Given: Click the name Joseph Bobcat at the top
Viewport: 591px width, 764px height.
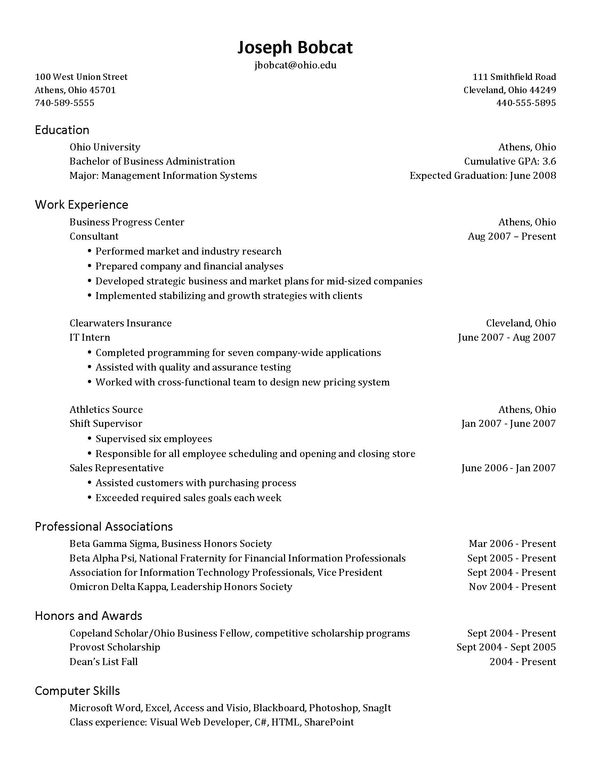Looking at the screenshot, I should tap(295, 47).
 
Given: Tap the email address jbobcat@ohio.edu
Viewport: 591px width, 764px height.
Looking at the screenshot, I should tap(295, 65).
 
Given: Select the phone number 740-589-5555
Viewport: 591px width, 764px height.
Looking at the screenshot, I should tap(64, 103).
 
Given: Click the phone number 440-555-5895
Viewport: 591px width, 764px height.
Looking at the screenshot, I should tap(526, 103).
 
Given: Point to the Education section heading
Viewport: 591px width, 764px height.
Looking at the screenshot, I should tap(62, 130).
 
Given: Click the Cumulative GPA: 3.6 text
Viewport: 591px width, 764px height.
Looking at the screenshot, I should tap(510, 161).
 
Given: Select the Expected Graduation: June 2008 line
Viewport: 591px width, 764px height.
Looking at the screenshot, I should tap(483, 175).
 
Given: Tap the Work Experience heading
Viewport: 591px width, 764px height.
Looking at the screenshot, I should tap(82, 205).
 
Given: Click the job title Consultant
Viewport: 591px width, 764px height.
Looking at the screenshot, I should tap(94, 236).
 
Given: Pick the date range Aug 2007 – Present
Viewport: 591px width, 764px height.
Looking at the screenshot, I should tap(511, 236).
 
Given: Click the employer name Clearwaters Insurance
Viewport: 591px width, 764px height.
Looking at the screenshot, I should tap(120, 323).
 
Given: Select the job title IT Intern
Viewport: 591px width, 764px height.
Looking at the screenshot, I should tap(90, 337).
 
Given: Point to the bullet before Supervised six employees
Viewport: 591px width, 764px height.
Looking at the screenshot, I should tap(90, 438).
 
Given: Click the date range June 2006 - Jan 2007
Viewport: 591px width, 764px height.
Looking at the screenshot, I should tap(508, 468).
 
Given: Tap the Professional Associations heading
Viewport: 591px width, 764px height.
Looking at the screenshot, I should tap(104, 526).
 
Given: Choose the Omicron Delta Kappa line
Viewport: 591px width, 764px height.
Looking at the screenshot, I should tap(181, 587).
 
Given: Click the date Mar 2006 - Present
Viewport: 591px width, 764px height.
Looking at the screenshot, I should tap(512, 543).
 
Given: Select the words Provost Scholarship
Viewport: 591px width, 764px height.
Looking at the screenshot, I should tap(115, 647).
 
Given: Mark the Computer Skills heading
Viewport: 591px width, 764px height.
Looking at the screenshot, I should tap(78, 690).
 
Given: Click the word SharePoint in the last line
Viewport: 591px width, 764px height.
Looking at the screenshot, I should tap(329, 722).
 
